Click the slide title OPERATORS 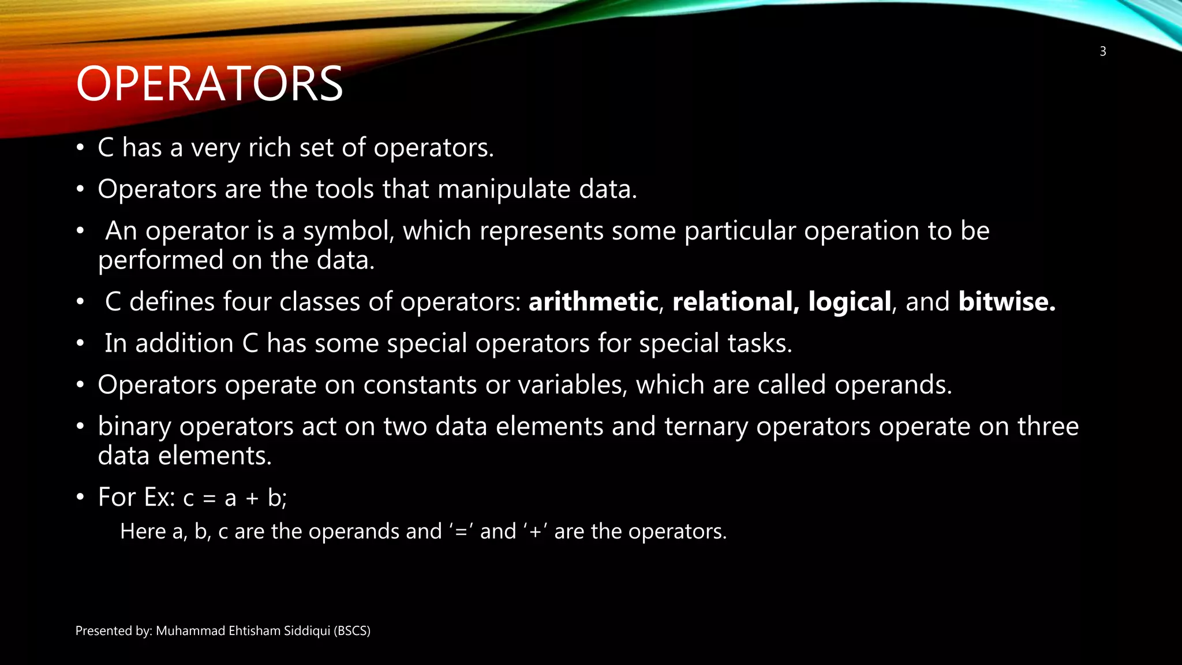coord(210,84)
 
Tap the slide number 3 coord(1102,51)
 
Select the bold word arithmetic coord(593,302)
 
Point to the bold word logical coord(850,302)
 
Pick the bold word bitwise coord(1007,302)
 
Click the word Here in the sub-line coord(143,531)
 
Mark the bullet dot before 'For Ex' coord(80,497)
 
